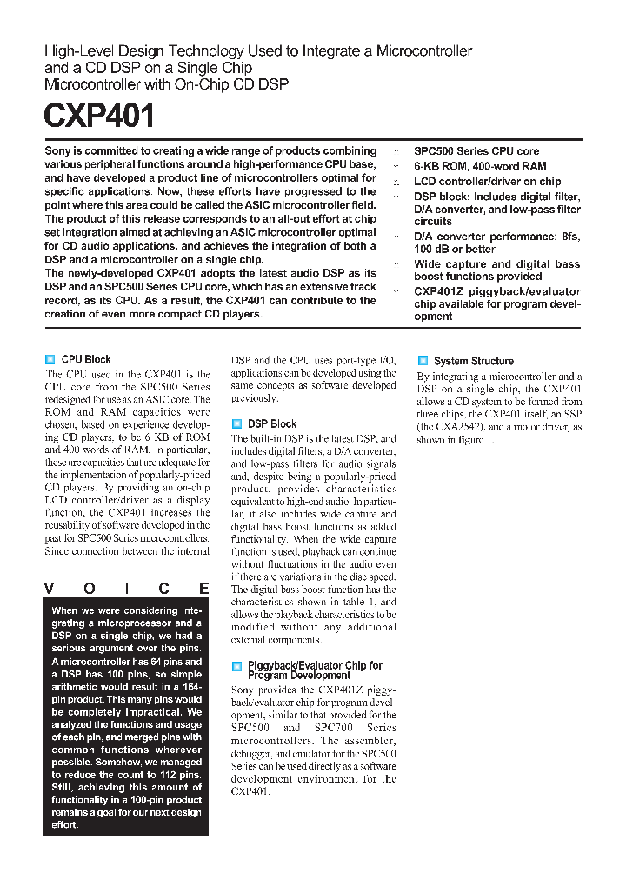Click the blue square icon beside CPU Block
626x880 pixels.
point(50,359)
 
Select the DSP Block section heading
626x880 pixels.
point(272,423)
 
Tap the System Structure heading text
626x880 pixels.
point(474,361)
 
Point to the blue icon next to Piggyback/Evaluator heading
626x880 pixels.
point(236,666)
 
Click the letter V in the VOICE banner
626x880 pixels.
point(50,589)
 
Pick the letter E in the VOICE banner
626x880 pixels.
point(203,589)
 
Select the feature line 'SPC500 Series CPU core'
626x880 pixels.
point(476,151)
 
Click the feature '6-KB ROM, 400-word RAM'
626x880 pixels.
point(480,166)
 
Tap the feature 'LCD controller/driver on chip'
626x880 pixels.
point(487,182)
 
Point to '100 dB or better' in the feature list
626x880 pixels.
point(455,250)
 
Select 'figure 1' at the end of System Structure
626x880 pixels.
point(476,440)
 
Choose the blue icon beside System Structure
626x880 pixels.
point(423,360)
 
